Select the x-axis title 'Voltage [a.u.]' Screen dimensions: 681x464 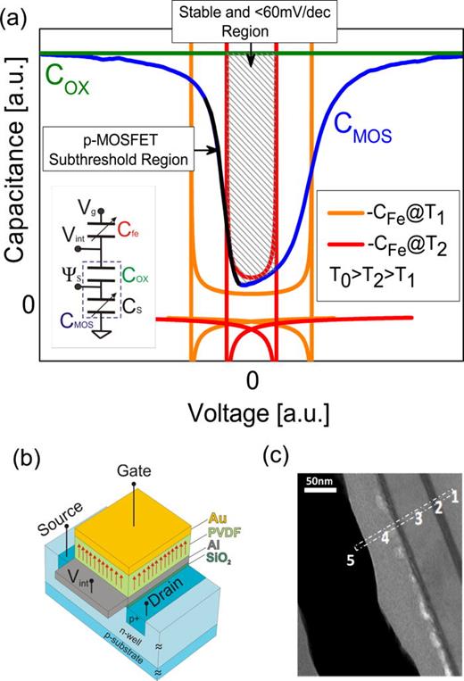tap(253, 412)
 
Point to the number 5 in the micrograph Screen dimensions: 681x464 tap(350, 559)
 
